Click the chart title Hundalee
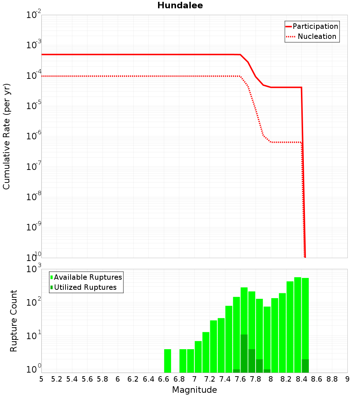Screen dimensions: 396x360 (180, 6)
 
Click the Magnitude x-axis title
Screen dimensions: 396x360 (194, 390)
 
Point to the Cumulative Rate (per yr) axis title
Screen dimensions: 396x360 (6, 136)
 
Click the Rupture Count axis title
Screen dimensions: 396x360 (14, 321)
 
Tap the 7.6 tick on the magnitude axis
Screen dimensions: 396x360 (240, 379)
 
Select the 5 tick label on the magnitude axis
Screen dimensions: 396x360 (41, 379)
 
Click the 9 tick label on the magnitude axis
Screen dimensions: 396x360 (347, 379)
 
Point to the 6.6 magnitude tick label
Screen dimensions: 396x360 (164, 379)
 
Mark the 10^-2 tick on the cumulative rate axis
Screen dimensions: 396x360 (34, 15)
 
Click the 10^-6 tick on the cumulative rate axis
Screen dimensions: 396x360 (34, 136)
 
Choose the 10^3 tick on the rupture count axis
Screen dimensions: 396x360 (34, 269)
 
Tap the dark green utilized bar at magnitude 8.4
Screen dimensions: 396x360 (305, 366)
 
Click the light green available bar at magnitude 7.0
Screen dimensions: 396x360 (198, 357)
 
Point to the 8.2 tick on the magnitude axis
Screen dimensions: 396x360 (286, 379)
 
